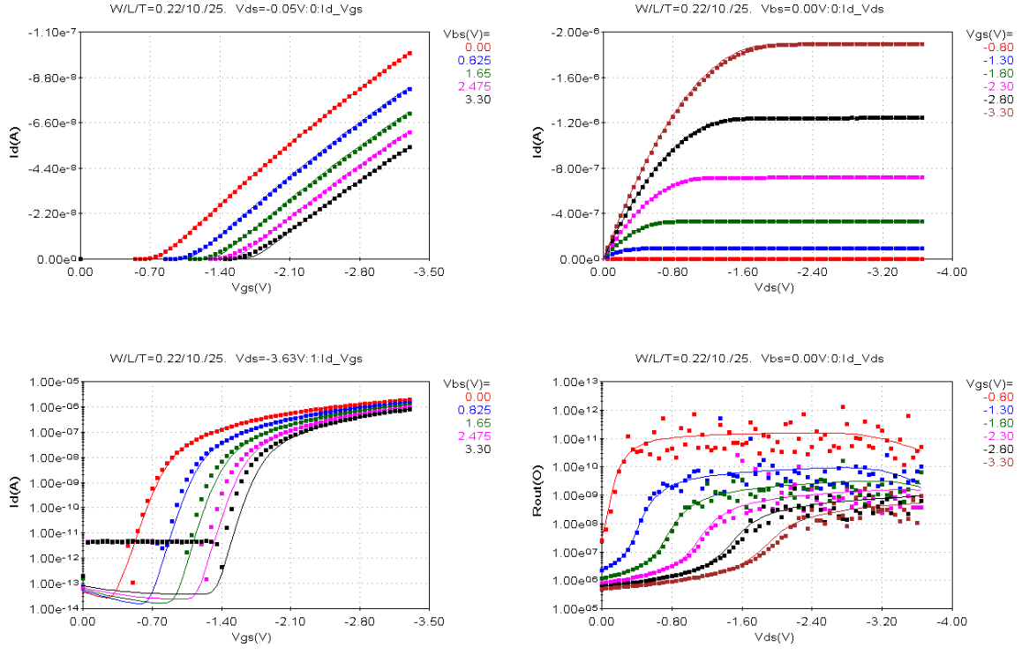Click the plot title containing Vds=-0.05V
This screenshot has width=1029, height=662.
pos(236,9)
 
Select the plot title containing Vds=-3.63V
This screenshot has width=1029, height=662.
pos(236,359)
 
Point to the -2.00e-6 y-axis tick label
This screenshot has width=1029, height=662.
pos(574,32)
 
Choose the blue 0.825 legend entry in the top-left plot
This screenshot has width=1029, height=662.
pos(473,60)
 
